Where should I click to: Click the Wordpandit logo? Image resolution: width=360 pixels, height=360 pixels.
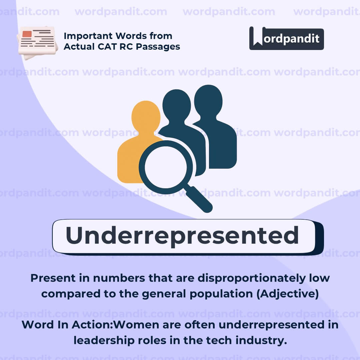coord(286,38)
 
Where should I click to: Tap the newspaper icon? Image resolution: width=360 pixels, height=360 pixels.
coord(37,42)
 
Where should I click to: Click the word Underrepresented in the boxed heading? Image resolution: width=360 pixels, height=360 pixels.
coord(182,236)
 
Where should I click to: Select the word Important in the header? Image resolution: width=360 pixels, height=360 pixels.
coord(90,36)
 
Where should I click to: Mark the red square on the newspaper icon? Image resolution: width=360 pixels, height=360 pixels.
coord(27,34)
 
